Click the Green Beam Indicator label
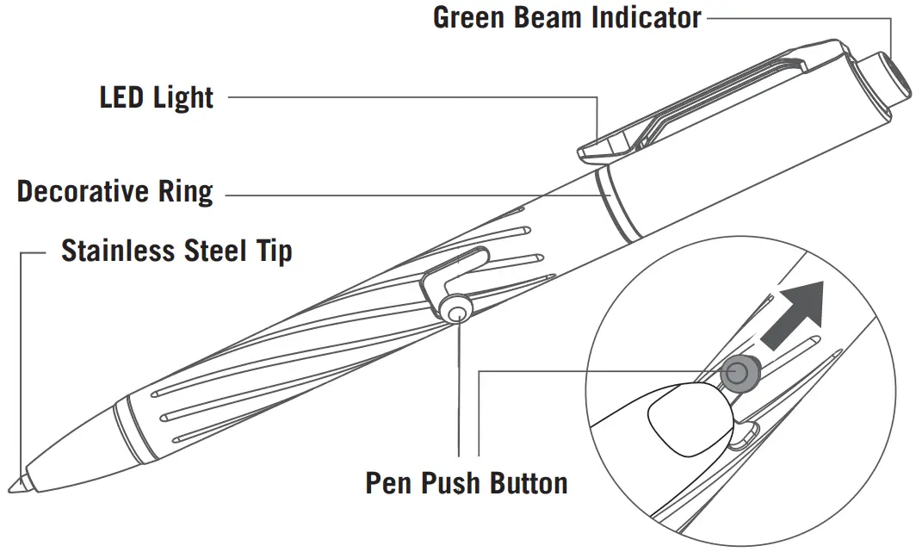[x=566, y=17]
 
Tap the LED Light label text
[x=157, y=97]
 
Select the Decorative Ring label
[x=114, y=191]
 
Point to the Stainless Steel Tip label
[x=176, y=251]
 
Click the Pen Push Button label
[x=466, y=482]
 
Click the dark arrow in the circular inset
[x=793, y=315]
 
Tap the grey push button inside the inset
[x=738, y=373]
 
